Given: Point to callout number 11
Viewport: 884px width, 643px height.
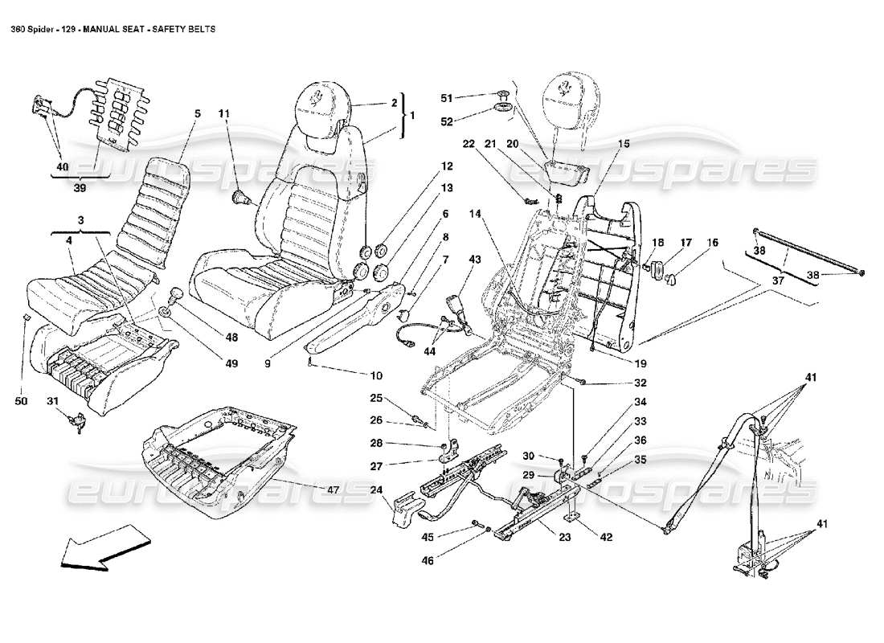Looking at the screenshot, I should pyautogui.click(x=225, y=113).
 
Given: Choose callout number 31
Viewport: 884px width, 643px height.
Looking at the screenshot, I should pyautogui.click(x=52, y=401).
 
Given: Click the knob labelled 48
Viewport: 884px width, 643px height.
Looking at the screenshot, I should pyautogui.click(x=175, y=295).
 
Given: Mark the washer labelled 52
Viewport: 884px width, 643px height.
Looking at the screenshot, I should pyautogui.click(x=505, y=109).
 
